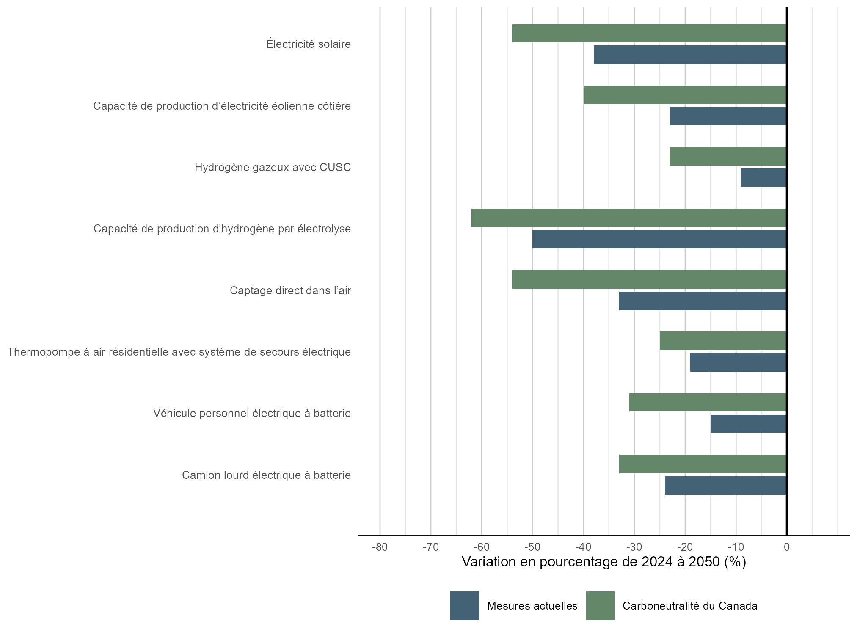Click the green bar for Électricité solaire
point(649,33)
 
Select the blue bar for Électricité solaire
point(690,55)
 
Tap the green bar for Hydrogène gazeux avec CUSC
point(728,156)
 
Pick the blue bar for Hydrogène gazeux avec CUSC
point(763,178)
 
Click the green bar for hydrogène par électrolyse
point(628,218)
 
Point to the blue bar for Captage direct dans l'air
point(703,301)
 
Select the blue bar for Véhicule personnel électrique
point(748,424)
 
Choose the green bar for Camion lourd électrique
point(703,464)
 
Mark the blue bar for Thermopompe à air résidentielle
point(738,362)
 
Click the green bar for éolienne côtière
point(685,95)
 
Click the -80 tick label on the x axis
point(380,547)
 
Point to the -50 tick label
point(532,547)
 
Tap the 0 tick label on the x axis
point(786,547)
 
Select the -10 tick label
point(736,547)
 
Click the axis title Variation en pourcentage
point(604,562)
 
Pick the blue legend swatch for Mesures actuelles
point(464,606)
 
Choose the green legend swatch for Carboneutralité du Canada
point(600,606)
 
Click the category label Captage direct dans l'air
point(290,290)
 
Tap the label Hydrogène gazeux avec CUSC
point(273,167)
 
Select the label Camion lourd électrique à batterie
point(266,475)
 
